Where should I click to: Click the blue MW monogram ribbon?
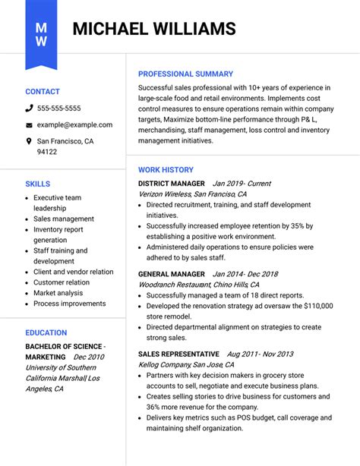[x=41, y=33]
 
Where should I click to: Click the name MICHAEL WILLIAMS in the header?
[x=154, y=30]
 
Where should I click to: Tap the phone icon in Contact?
[x=29, y=109]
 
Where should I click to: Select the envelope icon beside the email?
[x=29, y=125]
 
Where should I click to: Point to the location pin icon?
[x=29, y=141]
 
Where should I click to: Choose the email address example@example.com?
[x=74, y=124]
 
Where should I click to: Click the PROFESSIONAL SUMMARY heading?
[x=185, y=74]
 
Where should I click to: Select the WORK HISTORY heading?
[x=166, y=170]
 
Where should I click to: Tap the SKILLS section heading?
[x=37, y=184]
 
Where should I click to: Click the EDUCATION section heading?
[x=46, y=332]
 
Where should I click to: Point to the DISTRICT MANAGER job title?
[x=172, y=184]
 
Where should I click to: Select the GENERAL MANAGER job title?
[x=172, y=273]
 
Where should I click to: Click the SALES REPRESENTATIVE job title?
[x=178, y=354]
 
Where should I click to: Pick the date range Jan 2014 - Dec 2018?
[x=245, y=273]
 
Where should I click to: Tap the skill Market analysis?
[x=58, y=293]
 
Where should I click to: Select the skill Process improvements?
[x=69, y=304]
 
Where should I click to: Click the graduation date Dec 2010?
[x=89, y=357]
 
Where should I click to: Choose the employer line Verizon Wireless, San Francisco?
[x=192, y=194]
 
